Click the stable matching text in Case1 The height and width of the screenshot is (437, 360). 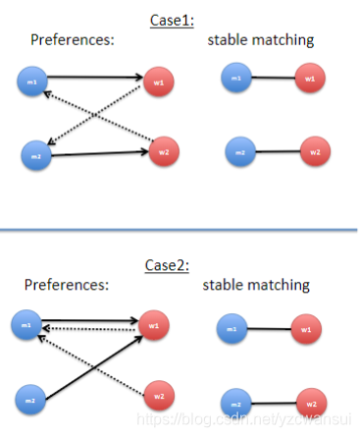pos(260,40)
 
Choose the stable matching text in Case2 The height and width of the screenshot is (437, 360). pos(256,285)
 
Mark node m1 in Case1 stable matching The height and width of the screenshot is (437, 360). pos(236,78)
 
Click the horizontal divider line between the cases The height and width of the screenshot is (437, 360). pos(180,230)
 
